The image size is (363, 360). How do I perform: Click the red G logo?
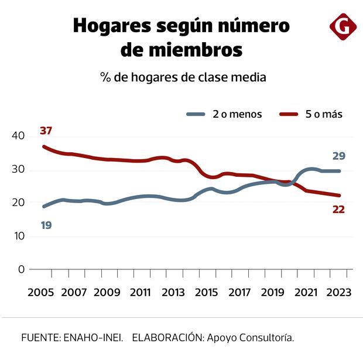click(343, 27)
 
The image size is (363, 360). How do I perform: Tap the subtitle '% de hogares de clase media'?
click(183, 77)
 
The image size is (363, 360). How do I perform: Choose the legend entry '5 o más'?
click(319, 114)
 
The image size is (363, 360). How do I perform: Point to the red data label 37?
click(46, 130)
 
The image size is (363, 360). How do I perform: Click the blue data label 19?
click(46, 224)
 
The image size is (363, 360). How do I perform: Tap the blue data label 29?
click(338, 156)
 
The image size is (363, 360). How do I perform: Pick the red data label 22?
click(338, 209)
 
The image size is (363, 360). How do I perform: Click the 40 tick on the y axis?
click(18, 136)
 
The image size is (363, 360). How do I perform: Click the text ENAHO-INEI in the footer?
click(93, 338)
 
